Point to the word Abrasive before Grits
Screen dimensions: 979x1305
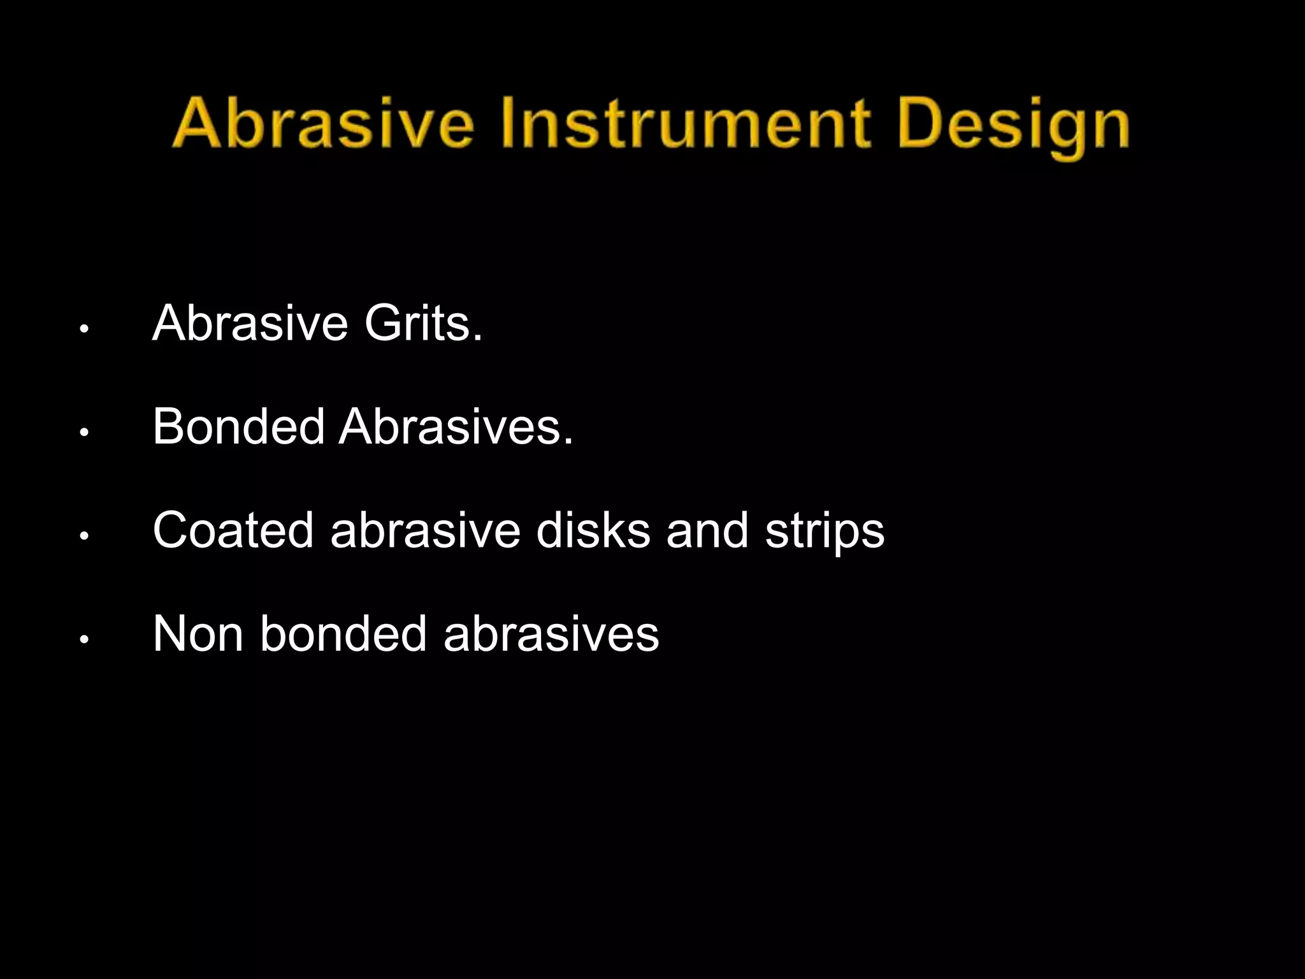(250, 323)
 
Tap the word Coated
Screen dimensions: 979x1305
(233, 530)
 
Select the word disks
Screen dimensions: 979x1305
(593, 530)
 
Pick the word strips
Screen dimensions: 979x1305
(825, 532)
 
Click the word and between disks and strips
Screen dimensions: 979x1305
(707, 530)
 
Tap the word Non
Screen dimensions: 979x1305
(198, 634)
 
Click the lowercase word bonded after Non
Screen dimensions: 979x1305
(343, 634)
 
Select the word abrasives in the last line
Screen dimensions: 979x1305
(551, 634)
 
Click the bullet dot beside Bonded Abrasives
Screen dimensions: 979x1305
(83, 432)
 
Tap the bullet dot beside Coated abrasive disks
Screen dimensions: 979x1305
(83, 536)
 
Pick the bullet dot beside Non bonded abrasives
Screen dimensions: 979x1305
(83, 639)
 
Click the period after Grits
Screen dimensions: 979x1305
(478, 338)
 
